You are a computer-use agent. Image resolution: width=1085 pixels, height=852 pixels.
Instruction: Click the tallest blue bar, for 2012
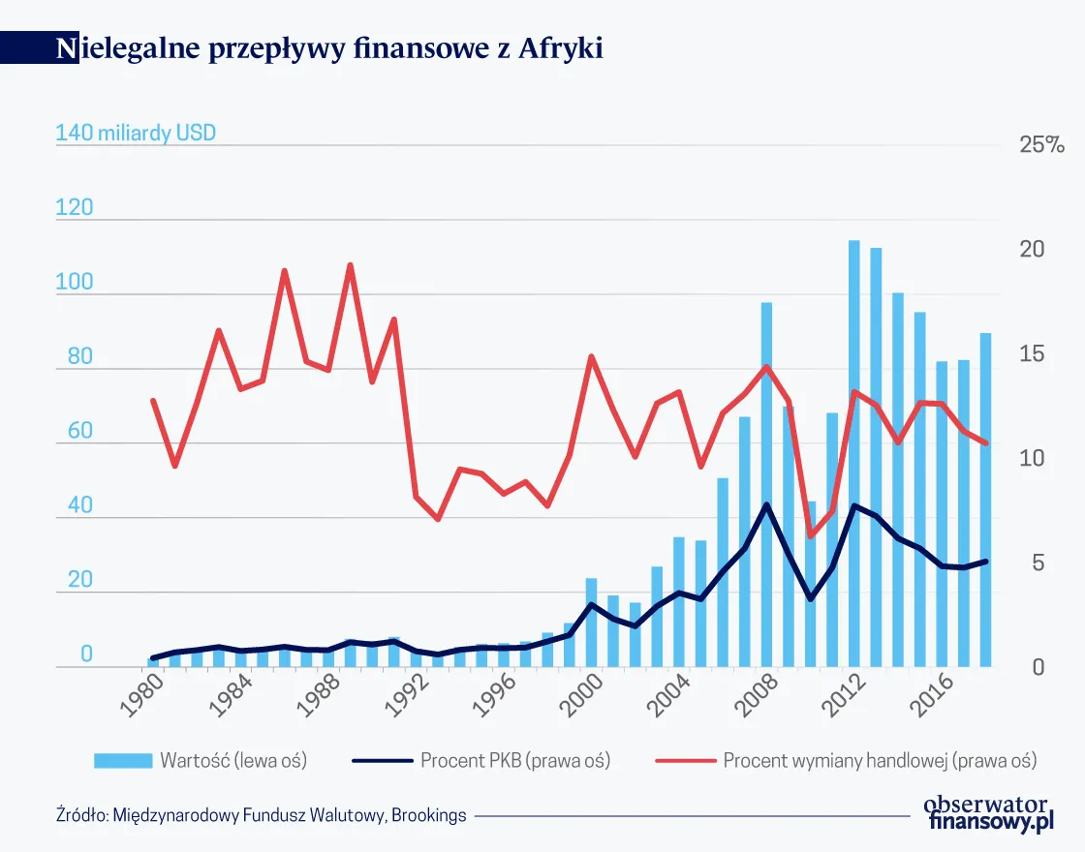[x=854, y=455]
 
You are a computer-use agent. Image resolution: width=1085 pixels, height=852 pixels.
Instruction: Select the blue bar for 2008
[x=766, y=484]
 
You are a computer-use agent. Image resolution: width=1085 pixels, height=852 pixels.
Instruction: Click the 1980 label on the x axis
[x=141, y=695]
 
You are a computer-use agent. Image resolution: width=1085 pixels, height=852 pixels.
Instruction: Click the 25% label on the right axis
[x=1041, y=145]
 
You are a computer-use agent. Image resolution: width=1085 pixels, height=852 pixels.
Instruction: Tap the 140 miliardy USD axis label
[x=136, y=133]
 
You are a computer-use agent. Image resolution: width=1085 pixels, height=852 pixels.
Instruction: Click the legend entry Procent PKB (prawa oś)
[x=514, y=760]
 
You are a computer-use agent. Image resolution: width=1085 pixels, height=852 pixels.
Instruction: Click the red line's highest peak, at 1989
[x=350, y=264]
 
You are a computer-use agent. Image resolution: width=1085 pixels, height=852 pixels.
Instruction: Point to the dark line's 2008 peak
[x=766, y=504]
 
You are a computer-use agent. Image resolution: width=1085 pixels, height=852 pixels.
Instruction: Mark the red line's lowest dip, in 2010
[x=811, y=535]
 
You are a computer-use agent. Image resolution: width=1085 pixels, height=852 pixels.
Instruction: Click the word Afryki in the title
[x=560, y=48]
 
